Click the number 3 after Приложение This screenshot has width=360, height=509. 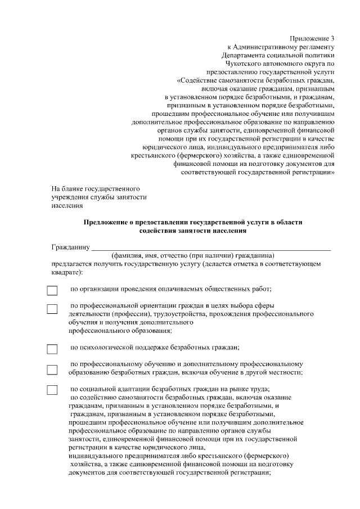point(332,37)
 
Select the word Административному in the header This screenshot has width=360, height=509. point(264,46)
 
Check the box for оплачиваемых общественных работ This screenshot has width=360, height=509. point(52,291)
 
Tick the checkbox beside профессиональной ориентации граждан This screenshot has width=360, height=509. point(52,309)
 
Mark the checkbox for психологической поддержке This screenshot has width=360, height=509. point(52,349)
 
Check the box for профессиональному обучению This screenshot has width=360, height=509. point(52,370)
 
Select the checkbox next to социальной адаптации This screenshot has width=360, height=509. point(52,390)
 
